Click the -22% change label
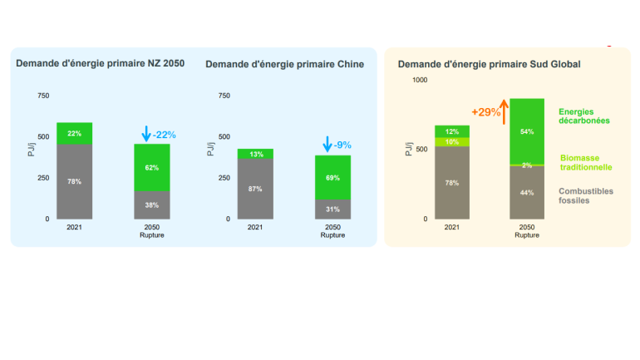click(165, 134)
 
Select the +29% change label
click(485, 111)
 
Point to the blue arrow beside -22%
click(146, 133)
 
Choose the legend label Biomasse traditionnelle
click(586, 162)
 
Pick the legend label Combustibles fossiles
click(586, 195)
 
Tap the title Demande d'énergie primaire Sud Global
click(489, 64)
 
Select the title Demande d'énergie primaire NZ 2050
click(100, 63)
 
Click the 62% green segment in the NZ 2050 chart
click(152, 167)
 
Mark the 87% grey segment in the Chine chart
click(255, 189)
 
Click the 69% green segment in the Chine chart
click(333, 177)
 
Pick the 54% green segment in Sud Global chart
click(526, 131)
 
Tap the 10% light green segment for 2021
click(451, 141)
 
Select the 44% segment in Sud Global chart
click(526, 193)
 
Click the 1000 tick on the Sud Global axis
click(419, 80)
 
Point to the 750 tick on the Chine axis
click(223, 96)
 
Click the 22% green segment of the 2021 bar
click(74, 134)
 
